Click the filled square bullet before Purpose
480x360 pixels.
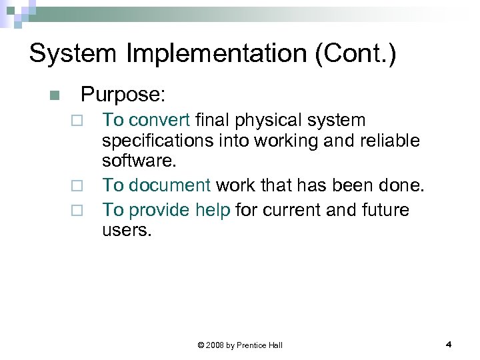55,95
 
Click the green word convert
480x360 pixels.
160,120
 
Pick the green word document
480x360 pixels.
170,185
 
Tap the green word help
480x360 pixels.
213,210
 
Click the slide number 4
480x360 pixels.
449,345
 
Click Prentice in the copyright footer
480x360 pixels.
253,345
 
